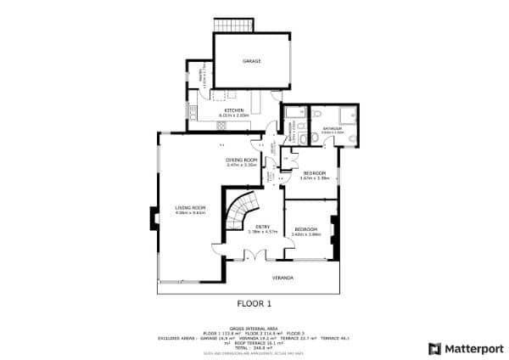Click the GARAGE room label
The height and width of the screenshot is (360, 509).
(251, 62)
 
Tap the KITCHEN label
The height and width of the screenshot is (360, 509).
(234, 110)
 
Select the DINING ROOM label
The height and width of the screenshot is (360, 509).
(242, 160)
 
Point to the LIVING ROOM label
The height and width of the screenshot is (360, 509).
(191, 208)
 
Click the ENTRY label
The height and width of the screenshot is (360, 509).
(262, 228)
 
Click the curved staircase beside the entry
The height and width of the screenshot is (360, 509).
(240, 212)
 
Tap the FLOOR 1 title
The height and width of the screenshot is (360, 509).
(254, 302)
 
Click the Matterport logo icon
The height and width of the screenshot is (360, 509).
(434, 348)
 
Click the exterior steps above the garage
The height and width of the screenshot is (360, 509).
(227, 25)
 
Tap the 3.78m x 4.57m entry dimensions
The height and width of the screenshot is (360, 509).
(262, 233)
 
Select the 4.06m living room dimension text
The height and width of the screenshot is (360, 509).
(191, 213)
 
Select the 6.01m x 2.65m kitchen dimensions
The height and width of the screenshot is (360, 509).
(234, 115)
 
